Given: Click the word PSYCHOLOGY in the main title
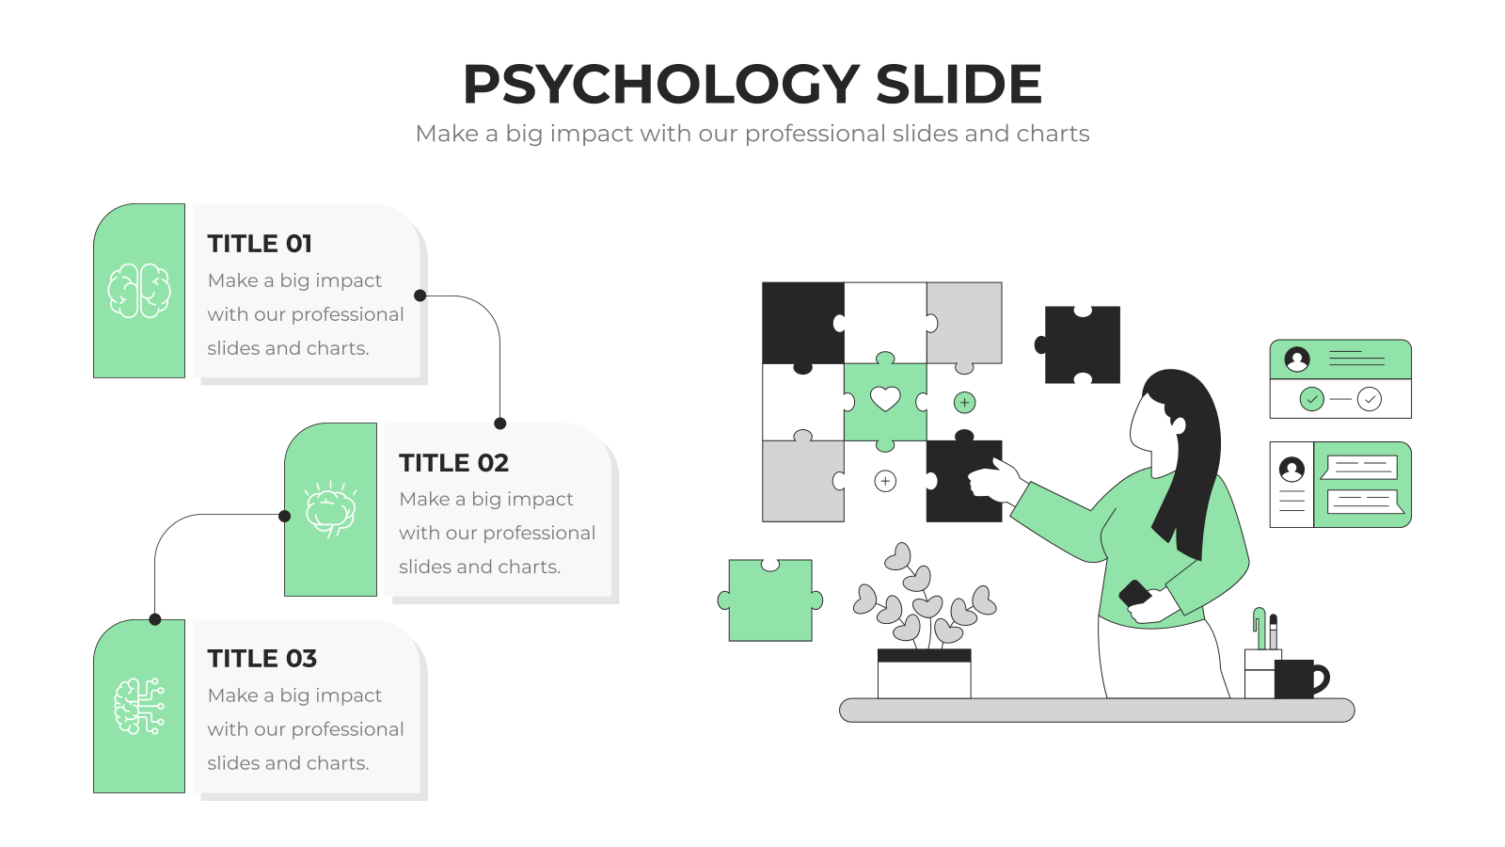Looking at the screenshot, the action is point(661,85).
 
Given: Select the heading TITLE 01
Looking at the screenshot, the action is point(260,244).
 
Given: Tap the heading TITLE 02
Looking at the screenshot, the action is point(453,462).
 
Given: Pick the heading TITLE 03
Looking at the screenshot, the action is point(261,658).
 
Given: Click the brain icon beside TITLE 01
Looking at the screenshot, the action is point(139,290).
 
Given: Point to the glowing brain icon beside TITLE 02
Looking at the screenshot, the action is point(330,509).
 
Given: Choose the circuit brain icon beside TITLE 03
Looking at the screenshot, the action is point(139,706).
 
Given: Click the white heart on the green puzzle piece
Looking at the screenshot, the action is point(885,399).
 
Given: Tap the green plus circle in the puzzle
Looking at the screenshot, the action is point(964,403).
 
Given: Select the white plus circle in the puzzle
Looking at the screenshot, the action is point(885,481).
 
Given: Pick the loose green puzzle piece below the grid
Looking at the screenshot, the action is point(770,599).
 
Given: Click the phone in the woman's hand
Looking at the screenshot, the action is point(1134,593).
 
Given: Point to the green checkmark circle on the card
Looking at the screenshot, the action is point(1311,399).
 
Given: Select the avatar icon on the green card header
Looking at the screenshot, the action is point(1297,359).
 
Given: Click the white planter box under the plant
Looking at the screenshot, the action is point(924,674).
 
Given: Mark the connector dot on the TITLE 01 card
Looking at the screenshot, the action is point(420,296).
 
